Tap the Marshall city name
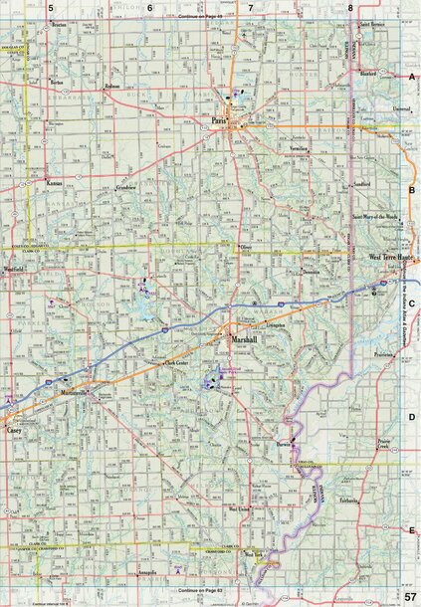[244, 339]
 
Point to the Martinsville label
[74, 395]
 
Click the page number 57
[410, 595]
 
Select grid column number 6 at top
[150, 8]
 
